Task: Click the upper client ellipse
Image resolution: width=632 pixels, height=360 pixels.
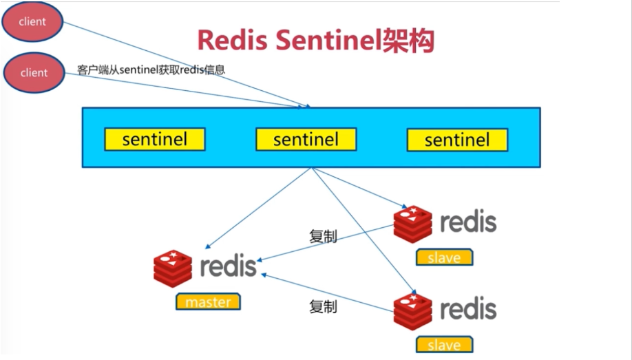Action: pos(32,21)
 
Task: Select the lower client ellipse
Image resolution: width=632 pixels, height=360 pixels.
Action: pos(34,72)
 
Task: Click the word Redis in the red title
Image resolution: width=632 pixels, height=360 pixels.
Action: pos(232,41)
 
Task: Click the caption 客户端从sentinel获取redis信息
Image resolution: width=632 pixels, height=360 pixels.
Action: pos(151,70)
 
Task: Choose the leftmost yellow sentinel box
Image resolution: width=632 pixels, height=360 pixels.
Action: pos(155,140)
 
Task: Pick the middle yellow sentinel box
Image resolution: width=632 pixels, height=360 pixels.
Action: pos(306,140)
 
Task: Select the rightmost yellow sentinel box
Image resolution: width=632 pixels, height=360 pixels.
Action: pos(457,140)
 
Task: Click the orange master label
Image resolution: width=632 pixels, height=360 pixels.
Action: pos(208,301)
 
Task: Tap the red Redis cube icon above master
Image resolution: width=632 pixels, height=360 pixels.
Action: pos(173,268)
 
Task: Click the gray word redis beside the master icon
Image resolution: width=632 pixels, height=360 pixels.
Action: pos(228,266)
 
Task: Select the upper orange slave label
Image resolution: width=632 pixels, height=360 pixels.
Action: pos(444,257)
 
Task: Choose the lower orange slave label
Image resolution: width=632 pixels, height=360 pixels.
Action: pos(444,345)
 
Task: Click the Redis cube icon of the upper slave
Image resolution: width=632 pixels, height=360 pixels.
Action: pos(413,224)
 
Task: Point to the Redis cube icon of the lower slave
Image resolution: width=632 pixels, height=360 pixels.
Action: pos(413,312)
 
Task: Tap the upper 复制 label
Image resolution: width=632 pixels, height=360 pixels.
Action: pos(323,236)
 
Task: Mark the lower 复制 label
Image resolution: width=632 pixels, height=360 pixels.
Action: pos(323,307)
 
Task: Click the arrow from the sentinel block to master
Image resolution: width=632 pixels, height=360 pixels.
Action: pos(258,208)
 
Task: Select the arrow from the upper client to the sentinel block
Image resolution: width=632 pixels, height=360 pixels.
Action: pos(187,65)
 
